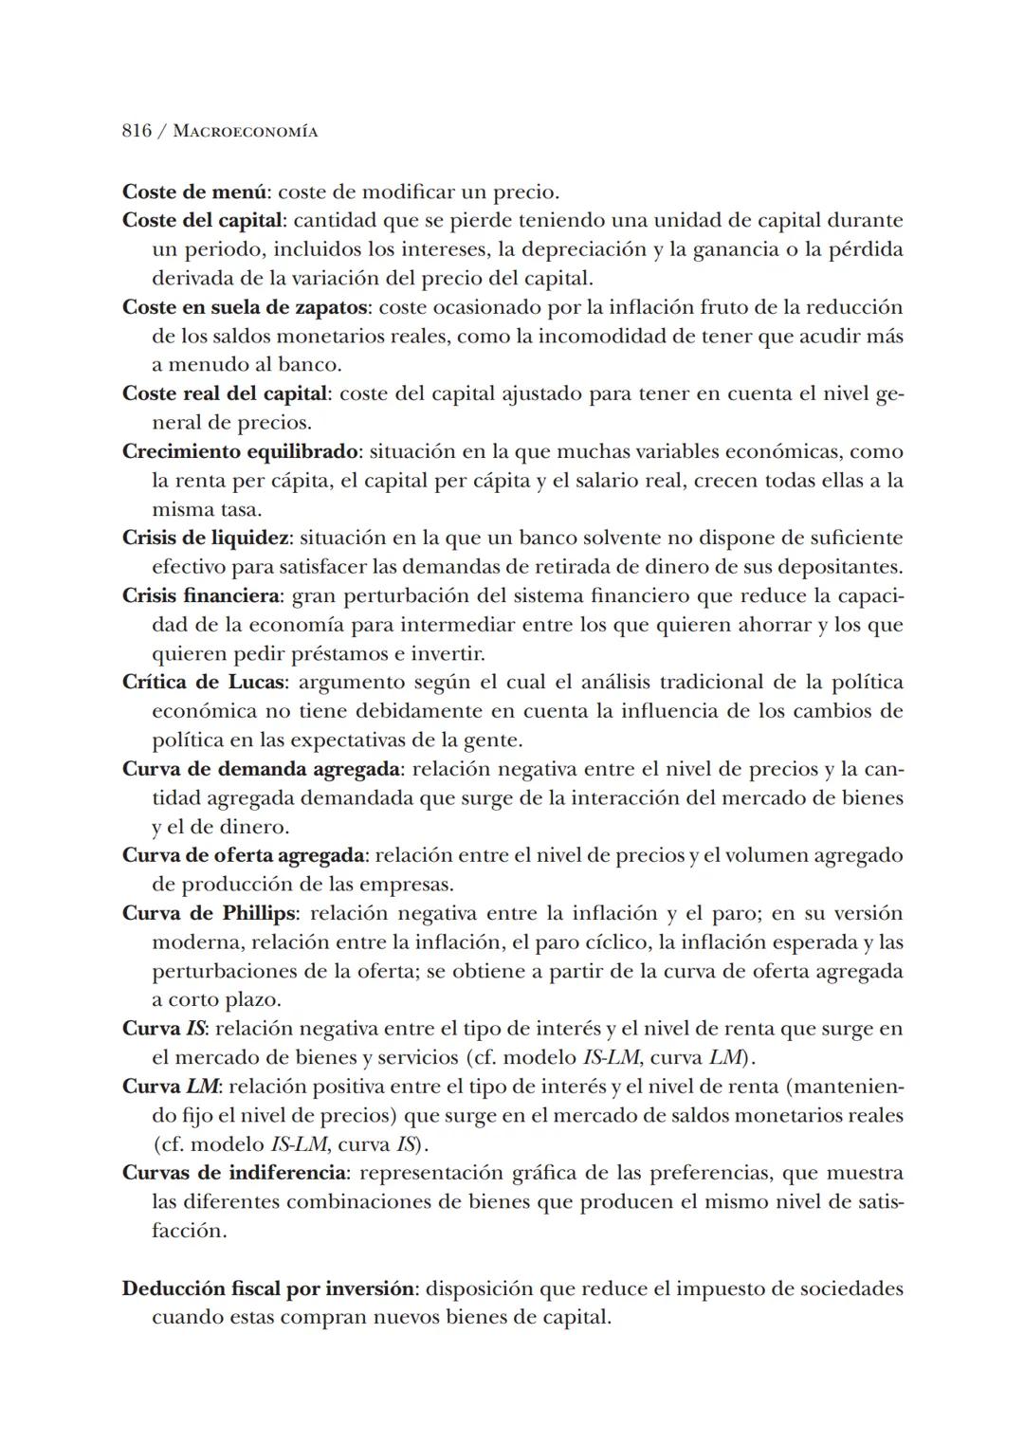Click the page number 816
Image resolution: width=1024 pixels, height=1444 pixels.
(137, 131)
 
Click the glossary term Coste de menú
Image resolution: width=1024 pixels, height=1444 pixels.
(195, 192)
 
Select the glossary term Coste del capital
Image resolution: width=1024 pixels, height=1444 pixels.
(202, 221)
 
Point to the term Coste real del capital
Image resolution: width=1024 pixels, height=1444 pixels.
(225, 393)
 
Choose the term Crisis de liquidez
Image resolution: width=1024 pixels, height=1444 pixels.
(205, 538)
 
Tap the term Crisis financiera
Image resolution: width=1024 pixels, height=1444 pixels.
(201, 595)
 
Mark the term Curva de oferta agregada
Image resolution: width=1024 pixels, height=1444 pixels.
(243, 855)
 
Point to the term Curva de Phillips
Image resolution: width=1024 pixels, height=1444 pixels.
(209, 913)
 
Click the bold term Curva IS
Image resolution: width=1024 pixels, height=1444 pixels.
(162, 1029)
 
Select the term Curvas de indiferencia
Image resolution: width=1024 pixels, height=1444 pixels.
(233, 1173)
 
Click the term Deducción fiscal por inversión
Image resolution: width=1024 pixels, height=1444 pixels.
(268, 1289)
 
